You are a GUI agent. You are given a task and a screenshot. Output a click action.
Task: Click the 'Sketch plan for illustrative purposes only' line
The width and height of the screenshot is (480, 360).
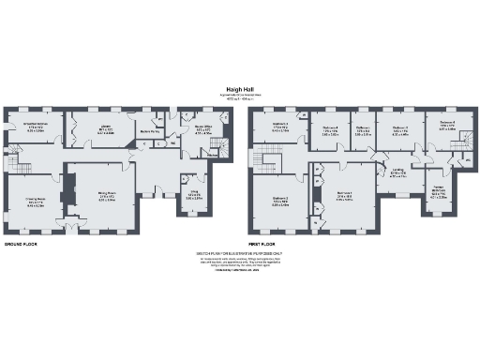240,253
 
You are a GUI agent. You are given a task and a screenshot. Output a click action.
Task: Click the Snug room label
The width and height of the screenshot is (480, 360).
193,194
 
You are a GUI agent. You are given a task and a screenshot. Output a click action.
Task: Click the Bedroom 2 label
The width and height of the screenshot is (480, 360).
280,198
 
